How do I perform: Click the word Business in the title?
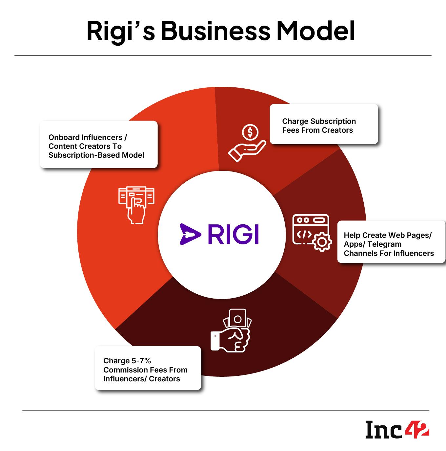pyautogui.click(x=215, y=31)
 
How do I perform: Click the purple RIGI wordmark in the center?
pyautogui.click(x=233, y=234)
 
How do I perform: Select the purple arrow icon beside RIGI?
pyautogui.click(x=190, y=234)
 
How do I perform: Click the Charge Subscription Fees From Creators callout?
pyautogui.click(x=324, y=124)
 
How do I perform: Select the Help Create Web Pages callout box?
pyautogui.click(x=391, y=242)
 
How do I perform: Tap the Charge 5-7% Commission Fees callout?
pyautogui.click(x=148, y=368)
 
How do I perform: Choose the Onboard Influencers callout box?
pyautogui.click(x=99, y=145)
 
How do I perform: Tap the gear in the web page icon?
pyautogui.click(x=322, y=242)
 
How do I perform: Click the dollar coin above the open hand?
pyautogui.click(x=250, y=132)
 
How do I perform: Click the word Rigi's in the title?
pyautogui.click(x=120, y=31)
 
